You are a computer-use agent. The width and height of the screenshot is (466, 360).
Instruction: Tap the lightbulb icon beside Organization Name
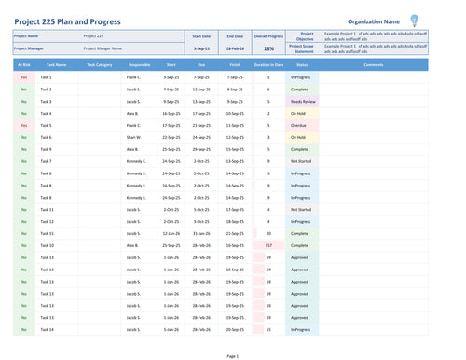414,20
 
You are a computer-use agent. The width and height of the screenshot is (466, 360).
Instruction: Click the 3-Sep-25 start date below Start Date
201,48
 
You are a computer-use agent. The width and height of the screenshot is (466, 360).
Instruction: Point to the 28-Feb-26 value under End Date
235,48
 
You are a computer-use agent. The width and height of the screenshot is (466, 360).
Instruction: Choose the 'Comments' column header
373,65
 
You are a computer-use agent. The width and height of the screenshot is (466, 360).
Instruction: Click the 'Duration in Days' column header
268,65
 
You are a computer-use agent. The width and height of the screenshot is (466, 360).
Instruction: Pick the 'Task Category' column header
99,65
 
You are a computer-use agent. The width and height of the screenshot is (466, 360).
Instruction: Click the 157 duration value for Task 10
268,245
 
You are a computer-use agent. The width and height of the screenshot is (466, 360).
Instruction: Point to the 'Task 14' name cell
47,329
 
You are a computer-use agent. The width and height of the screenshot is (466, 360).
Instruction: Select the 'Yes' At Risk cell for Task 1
23,77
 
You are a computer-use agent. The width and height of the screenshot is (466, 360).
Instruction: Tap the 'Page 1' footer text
232,355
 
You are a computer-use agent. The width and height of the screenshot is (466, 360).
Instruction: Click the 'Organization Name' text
374,21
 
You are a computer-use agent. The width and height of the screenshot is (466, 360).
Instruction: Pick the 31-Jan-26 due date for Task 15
201,233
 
